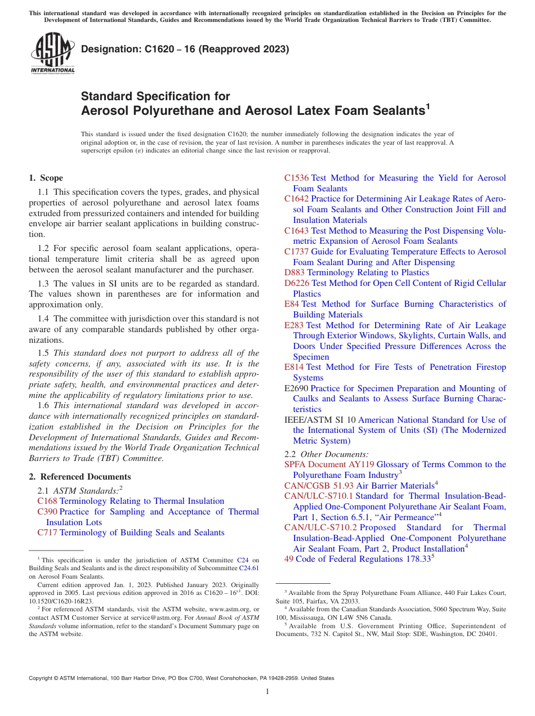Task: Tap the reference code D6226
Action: (297, 283)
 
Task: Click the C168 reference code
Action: (47, 501)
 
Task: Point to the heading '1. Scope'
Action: (46, 178)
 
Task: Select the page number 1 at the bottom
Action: (267, 691)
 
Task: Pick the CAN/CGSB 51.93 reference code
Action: (319, 485)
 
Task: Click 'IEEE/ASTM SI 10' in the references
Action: (320, 420)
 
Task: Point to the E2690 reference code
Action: (296, 388)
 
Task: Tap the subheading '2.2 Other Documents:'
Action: (327, 454)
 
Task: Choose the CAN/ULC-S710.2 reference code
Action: (320, 527)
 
